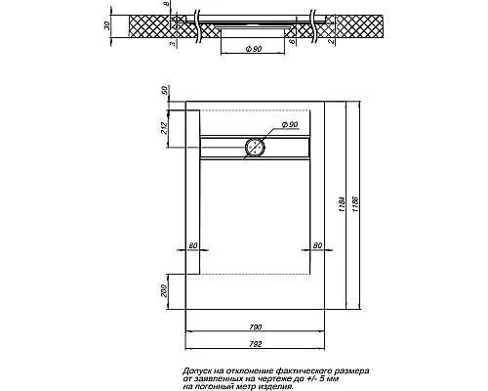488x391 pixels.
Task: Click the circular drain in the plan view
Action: click(255, 147)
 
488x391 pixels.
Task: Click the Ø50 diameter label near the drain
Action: click(290, 126)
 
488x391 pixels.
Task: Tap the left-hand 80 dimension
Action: click(192, 245)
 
